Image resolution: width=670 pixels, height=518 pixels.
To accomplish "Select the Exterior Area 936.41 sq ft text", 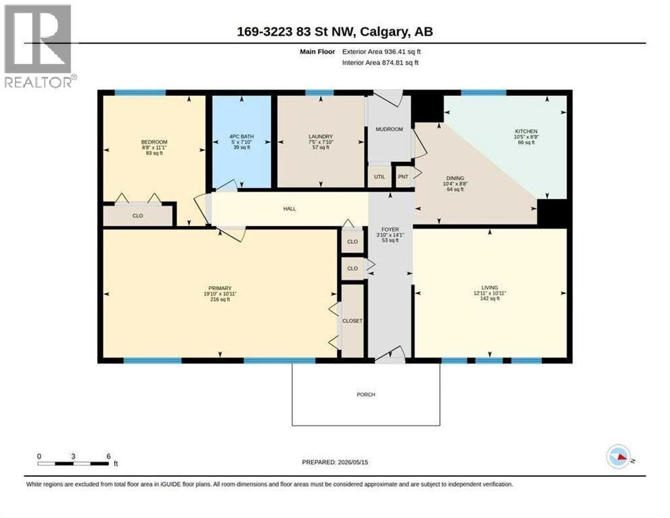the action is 381,51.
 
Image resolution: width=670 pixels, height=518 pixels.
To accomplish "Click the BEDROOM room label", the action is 154,142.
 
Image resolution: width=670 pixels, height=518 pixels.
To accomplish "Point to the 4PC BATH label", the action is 241,136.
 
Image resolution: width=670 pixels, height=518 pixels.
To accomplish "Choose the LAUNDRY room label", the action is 320,136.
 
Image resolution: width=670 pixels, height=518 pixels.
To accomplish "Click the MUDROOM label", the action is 389,129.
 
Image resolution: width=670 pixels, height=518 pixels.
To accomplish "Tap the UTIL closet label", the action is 379,177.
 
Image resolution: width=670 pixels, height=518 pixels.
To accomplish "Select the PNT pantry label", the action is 403,177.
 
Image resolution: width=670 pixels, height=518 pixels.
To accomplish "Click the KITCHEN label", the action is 526,132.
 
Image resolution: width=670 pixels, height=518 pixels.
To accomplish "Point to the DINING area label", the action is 455,178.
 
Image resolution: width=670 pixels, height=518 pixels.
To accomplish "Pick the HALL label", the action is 289,208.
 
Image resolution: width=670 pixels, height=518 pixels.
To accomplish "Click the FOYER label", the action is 390,230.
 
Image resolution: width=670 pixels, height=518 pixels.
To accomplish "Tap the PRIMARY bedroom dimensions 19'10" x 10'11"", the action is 220,294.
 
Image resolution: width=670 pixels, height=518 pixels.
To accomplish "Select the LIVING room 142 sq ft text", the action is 489,299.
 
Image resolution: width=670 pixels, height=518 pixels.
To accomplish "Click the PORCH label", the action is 366,395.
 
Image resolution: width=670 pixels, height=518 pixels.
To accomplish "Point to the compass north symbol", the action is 619,457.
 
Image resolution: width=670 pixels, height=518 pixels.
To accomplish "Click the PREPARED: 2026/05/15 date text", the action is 335,462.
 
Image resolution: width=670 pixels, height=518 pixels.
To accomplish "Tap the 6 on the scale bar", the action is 109,457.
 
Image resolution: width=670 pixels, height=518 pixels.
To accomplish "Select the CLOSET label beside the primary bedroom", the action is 352,321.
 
